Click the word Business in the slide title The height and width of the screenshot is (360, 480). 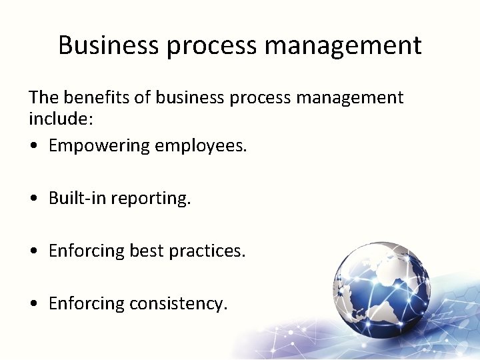[109, 45]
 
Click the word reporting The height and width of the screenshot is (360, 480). [151, 199]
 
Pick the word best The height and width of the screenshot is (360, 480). [147, 251]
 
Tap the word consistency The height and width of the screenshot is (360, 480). [179, 304]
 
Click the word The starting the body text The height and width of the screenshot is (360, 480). [44, 97]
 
